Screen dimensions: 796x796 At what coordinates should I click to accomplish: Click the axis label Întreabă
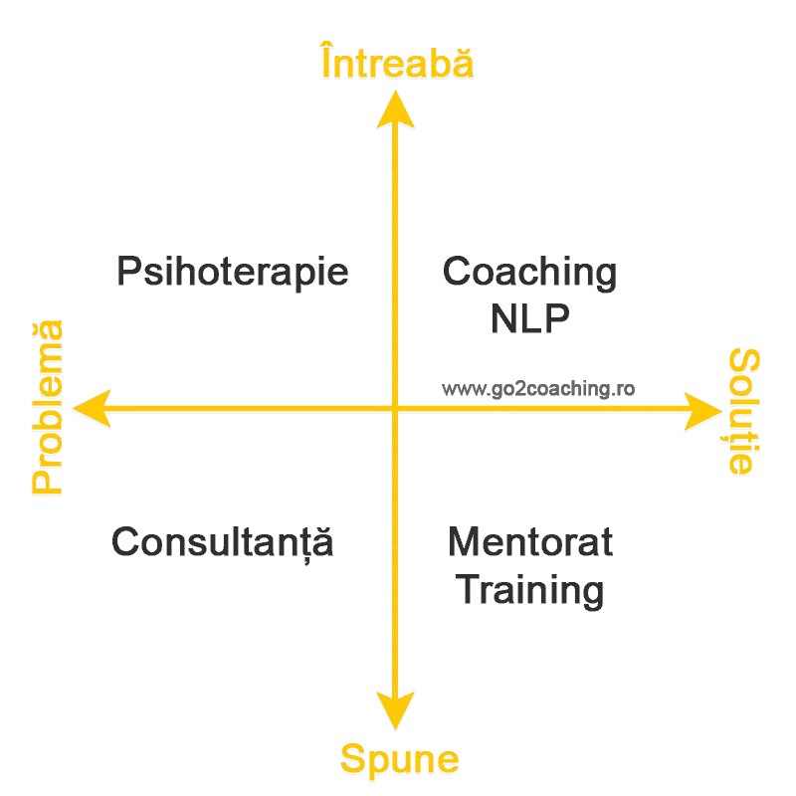coord(397,61)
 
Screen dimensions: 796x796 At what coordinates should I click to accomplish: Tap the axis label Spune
coord(400,759)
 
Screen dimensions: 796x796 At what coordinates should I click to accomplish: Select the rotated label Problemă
coord(47,407)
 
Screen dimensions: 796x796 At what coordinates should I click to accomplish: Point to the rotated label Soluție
coord(743,412)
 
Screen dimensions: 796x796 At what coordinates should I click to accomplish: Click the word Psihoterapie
coord(233,272)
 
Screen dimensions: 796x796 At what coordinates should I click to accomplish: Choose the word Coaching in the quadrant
coord(529,272)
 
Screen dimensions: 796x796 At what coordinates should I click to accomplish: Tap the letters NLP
coord(530,318)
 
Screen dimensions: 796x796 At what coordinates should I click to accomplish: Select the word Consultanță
coord(222,543)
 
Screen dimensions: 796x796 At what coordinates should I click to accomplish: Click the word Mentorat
coord(530,542)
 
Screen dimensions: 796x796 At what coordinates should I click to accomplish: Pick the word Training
coord(529,590)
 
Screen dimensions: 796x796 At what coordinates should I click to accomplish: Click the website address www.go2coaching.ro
coord(538,389)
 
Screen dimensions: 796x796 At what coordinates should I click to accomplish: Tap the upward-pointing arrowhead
coord(395,109)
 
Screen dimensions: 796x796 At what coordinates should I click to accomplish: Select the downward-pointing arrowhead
coord(395,709)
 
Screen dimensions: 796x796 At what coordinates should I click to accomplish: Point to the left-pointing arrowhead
coord(93,409)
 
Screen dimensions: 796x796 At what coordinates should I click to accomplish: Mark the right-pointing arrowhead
coord(703,411)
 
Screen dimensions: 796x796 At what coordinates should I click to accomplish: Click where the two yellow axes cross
coord(395,408)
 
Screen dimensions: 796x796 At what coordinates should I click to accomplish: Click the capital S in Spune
coord(353,758)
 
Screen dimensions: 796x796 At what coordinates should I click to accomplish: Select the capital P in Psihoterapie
coord(129,271)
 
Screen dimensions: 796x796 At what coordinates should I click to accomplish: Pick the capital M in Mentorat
coord(463,542)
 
